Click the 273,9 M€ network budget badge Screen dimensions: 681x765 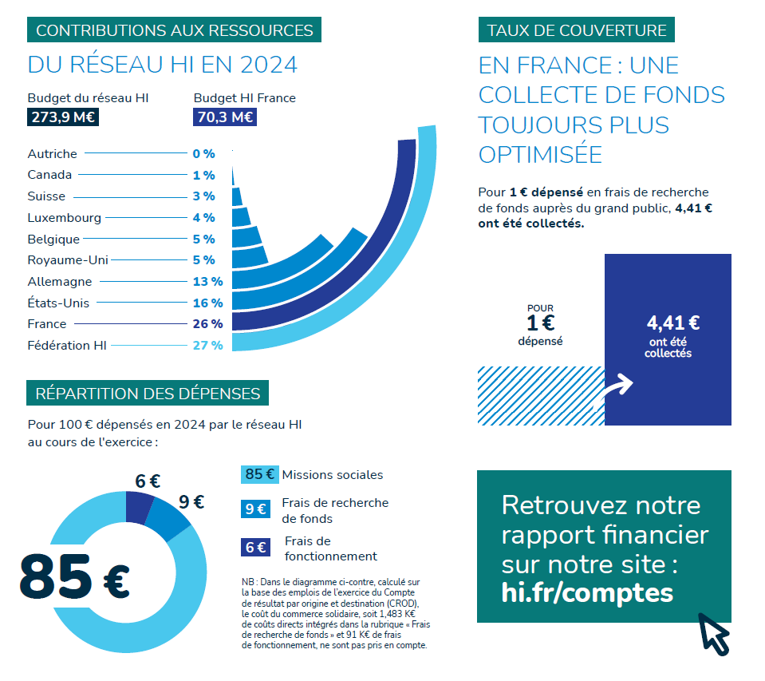tap(63, 118)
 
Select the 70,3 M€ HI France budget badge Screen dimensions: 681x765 tap(224, 118)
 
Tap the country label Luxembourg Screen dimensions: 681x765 tap(64, 217)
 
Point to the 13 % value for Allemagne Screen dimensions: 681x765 tap(207, 281)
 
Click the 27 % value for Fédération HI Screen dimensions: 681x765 tap(207, 345)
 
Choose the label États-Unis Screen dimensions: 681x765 tap(58, 303)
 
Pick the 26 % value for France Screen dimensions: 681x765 tap(207, 323)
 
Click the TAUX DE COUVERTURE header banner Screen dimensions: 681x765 tap(577, 30)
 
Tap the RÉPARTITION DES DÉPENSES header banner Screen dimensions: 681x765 tap(148, 393)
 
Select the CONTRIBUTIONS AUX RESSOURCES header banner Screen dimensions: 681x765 tap(175, 30)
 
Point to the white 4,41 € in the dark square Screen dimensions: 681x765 tap(672, 323)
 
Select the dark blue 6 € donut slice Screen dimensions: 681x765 tap(140, 506)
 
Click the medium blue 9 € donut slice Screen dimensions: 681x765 tap(172, 520)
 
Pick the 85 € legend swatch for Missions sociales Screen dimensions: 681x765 tap(259, 474)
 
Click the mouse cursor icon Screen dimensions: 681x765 tap(714, 635)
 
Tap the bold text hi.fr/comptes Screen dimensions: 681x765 tap(587, 593)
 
